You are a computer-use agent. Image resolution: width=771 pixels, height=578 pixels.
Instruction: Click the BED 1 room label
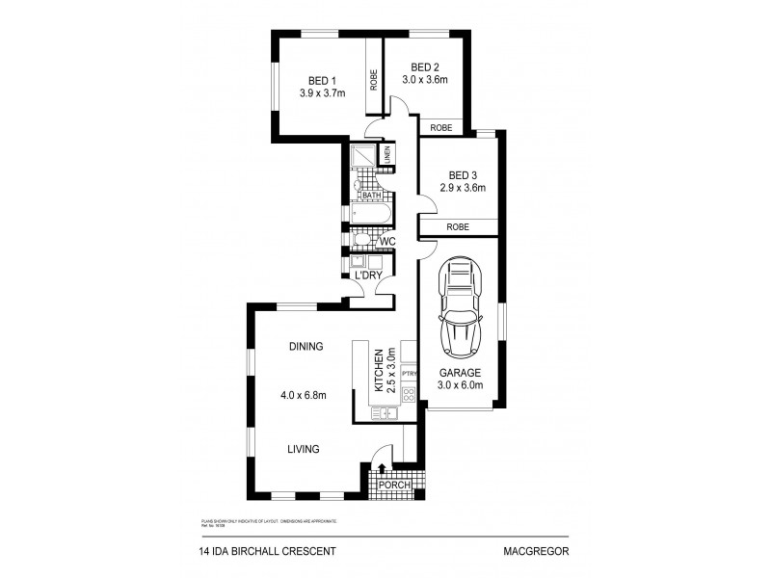click(321, 80)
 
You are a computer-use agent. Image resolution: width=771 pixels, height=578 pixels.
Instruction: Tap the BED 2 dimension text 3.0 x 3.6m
click(425, 80)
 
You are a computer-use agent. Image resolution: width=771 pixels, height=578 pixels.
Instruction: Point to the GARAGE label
click(460, 373)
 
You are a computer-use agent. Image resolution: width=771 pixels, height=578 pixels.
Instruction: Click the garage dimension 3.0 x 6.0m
click(460, 385)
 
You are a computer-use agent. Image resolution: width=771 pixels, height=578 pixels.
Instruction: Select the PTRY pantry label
click(408, 372)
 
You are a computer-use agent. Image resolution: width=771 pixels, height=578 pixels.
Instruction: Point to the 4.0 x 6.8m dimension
click(303, 393)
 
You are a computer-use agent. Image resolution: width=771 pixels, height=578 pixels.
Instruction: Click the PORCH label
click(394, 485)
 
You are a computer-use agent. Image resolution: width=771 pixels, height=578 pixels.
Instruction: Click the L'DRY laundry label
click(368, 276)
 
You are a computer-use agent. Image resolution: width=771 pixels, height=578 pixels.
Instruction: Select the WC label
click(387, 241)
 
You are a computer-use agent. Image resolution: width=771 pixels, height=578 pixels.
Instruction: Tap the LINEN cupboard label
click(387, 154)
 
